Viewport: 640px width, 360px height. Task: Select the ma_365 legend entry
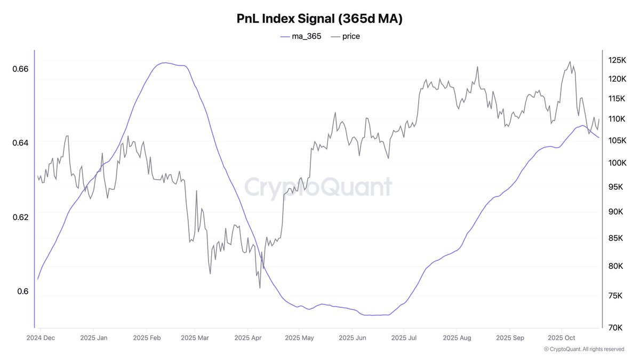[x=301, y=36]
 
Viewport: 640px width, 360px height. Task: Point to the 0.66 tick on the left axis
[x=21, y=69]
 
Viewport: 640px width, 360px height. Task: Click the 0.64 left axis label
[x=21, y=143]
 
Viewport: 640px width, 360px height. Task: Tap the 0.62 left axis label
[x=21, y=217]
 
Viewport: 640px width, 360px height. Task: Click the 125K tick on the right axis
[x=617, y=60]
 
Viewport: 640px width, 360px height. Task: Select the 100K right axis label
[x=617, y=163]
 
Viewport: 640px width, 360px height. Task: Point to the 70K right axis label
[x=617, y=327]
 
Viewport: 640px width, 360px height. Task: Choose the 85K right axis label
[x=617, y=238]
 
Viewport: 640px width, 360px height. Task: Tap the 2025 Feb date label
[x=147, y=338]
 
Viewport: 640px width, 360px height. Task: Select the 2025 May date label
[x=300, y=338]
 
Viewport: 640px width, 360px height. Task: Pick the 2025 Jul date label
[x=404, y=338]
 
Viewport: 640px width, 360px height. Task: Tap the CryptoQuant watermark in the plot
[x=318, y=187]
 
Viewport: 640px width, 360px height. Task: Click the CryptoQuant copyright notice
[x=584, y=349]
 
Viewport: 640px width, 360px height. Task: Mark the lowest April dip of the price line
[x=260, y=288]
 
